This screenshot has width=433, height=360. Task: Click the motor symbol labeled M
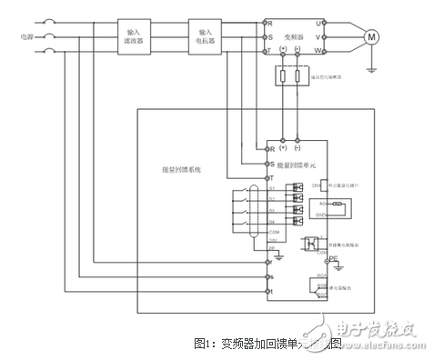point(370,36)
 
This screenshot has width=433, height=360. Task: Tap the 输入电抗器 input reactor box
point(206,35)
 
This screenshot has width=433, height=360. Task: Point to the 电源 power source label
point(17,36)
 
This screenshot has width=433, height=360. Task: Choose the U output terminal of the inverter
point(317,21)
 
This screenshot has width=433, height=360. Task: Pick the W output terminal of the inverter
point(317,51)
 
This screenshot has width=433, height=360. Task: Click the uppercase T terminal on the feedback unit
point(269,176)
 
